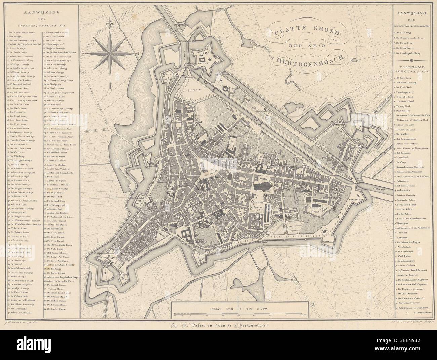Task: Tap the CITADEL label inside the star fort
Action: (x=204, y=63)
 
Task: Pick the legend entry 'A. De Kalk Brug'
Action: (x=404, y=33)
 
